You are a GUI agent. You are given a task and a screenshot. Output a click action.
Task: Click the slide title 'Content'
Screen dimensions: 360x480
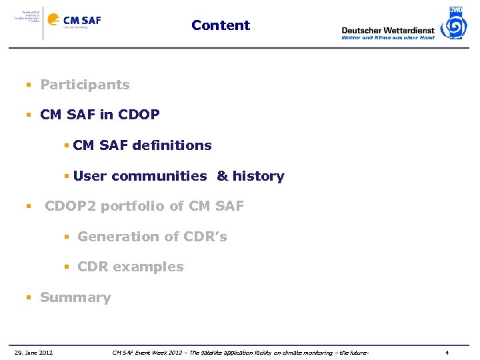pos(221,25)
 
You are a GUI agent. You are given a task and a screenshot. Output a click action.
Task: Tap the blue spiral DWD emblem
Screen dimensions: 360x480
pos(456,24)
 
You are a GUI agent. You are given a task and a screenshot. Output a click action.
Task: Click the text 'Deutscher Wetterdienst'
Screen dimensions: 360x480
pos(387,30)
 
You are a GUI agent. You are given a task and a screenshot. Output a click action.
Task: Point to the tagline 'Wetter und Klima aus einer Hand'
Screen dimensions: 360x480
pos(387,38)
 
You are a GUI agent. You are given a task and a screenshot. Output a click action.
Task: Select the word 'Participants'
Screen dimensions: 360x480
pos(85,85)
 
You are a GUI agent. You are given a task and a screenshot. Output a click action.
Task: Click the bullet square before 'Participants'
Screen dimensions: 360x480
pos(29,85)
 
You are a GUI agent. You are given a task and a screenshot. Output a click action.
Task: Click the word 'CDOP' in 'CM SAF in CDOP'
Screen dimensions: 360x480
pos(139,115)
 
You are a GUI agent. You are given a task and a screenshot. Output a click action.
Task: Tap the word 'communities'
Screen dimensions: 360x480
pos(159,176)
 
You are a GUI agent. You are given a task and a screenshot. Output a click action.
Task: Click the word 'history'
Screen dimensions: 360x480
pos(259,176)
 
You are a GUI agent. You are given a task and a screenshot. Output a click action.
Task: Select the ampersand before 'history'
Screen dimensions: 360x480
pos(222,176)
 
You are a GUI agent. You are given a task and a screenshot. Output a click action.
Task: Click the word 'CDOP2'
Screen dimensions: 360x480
pos(71,206)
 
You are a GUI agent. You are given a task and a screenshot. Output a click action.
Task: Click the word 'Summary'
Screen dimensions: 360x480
pos(75,297)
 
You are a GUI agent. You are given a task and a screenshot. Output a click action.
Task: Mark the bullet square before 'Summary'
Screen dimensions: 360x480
pos(29,298)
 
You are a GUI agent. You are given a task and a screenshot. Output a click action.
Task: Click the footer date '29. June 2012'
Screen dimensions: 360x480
pos(34,352)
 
